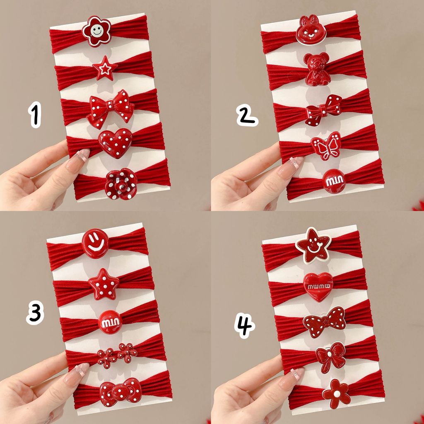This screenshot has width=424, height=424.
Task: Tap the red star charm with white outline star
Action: coord(105,68)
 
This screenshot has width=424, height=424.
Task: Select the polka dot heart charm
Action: coord(115,142)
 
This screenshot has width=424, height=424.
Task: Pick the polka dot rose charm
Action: coord(121,184)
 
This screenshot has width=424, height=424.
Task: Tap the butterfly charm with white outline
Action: coord(326,146)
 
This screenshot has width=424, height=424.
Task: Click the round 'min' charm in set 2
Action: coord(334,181)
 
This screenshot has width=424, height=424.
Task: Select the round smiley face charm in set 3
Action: coord(95,243)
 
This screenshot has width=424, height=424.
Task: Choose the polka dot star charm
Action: coord(104,284)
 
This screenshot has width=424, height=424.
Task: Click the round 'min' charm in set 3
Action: coord(110,322)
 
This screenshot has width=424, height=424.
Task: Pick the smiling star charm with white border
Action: coord(313,246)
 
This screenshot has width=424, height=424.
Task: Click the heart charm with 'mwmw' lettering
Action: coord(318,287)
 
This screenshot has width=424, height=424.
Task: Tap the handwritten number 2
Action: coord(247,115)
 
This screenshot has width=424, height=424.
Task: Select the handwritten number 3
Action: coord(35,312)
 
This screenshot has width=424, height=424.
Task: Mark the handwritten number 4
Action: coord(244,325)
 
